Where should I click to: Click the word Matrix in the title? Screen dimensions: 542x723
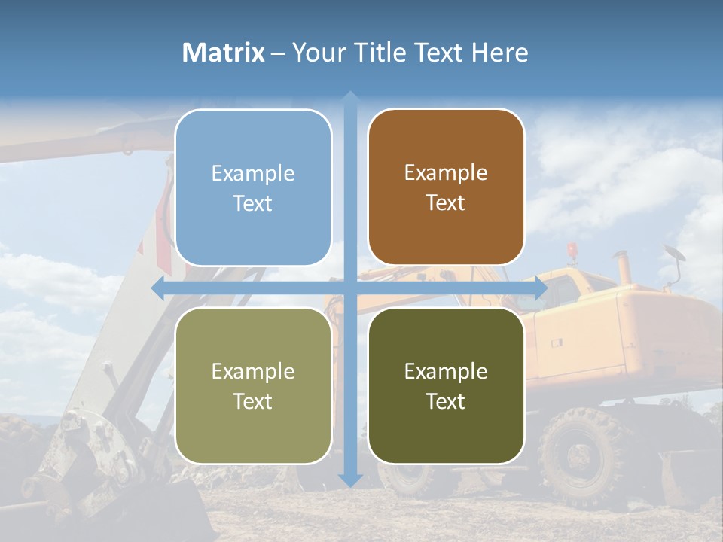224,53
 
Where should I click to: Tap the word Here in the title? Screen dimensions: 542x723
500,53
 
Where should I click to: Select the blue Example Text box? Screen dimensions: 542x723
253,187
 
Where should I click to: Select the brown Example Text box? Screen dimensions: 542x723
446,187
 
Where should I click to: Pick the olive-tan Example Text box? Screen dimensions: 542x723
253,385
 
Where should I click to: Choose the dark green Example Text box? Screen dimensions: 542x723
446,385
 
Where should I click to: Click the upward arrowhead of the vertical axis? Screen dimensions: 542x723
350,99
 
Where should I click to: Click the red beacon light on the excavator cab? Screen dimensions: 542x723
572,249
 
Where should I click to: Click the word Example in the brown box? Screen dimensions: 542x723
446,172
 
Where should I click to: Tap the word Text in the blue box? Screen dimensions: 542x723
253,203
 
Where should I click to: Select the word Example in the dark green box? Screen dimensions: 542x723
446,371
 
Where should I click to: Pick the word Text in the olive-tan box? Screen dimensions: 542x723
253,401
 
